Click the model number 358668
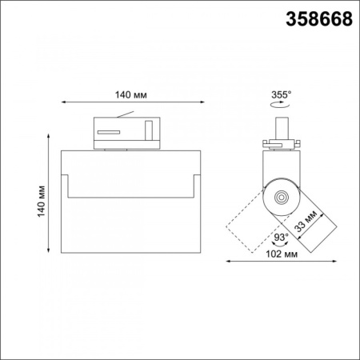tap(319, 19)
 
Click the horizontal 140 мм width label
tap(130, 94)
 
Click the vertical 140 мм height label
tap(42, 201)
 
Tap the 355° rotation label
tap(281, 94)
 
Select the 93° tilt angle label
tap(282, 237)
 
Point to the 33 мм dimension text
tap(306, 221)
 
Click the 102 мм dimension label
tap(282, 254)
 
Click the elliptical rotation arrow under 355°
tap(280, 105)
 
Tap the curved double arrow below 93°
tap(280, 243)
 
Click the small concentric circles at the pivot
tap(282, 198)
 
